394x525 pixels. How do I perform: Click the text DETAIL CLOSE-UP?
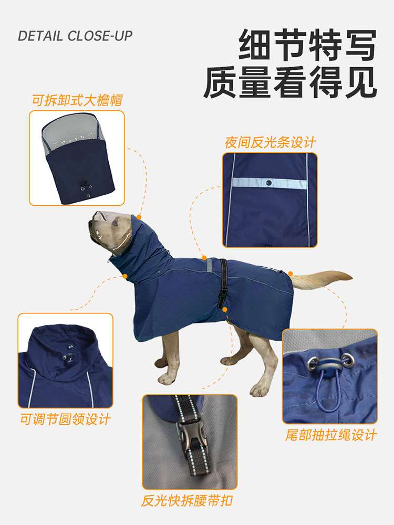75,36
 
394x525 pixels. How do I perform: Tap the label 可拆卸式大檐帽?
77,100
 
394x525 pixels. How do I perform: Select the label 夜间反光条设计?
270,142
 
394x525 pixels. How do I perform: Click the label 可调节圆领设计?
66,419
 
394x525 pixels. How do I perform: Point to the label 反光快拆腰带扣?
187,500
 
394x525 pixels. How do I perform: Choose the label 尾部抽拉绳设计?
331,435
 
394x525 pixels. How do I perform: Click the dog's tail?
321,279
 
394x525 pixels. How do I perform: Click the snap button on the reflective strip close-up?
268,183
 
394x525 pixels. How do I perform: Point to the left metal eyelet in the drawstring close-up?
313,363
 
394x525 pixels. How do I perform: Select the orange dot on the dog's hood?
139,217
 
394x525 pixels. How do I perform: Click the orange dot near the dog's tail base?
291,274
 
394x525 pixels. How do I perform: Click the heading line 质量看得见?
290,82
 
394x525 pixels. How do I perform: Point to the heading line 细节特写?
307,45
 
